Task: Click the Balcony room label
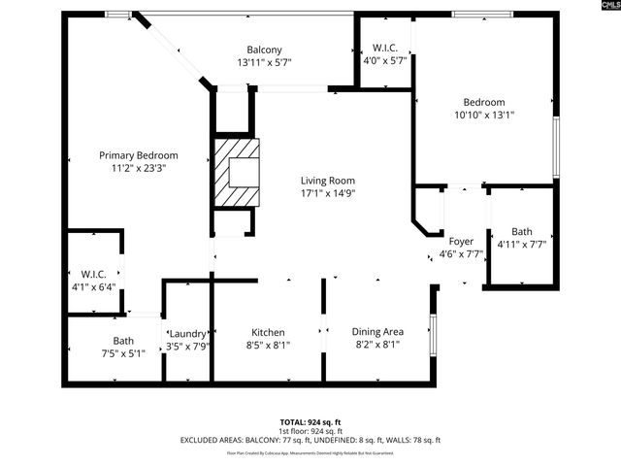(x=264, y=50)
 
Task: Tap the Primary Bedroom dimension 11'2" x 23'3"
(x=139, y=168)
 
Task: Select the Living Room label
(x=327, y=181)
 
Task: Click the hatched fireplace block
(x=238, y=171)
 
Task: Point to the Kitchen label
(x=268, y=331)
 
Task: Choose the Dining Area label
(x=377, y=331)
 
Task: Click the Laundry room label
(x=186, y=333)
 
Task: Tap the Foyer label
(x=460, y=241)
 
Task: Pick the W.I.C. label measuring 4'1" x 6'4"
(x=93, y=274)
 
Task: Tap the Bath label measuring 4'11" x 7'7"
(x=522, y=231)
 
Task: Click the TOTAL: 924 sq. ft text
(x=310, y=422)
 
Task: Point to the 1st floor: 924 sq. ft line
(x=310, y=431)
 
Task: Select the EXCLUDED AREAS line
(x=310, y=440)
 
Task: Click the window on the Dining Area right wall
(x=434, y=333)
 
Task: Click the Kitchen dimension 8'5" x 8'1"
(x=268, y=344)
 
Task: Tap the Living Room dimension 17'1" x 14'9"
(x=327, y=193)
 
